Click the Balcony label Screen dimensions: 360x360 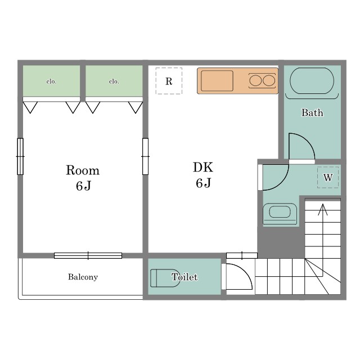(83, 277)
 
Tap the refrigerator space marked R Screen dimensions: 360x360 (169, 81)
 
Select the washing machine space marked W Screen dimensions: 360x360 (328, 177)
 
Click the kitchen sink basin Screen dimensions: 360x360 (217, 81)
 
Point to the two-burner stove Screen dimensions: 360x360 (262, 80)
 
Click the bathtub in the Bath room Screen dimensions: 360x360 (312, 81)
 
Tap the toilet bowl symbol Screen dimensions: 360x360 (165, 278)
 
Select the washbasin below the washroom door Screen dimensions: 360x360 (280, 213)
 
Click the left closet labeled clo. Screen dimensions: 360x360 (51, 81)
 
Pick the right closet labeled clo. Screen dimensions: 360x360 (114, 81)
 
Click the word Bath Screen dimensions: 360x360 (312, 112)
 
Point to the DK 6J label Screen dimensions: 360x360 (203, 175)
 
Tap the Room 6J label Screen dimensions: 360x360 (83, 178)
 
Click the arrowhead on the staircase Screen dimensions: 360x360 (323, 209)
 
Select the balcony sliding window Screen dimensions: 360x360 (88, 255)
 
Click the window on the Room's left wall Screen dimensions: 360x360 (20, 156)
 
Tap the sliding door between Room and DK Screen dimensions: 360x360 (145, 156)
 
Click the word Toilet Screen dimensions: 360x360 (184, 277)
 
